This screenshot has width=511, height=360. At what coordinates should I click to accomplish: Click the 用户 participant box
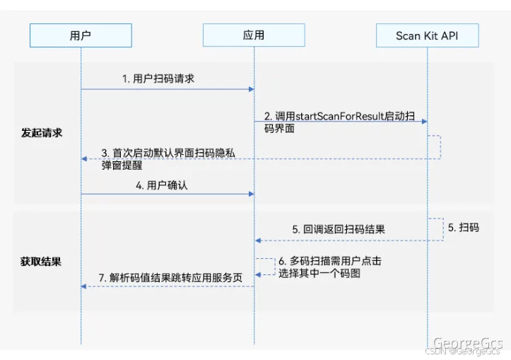[81, 35]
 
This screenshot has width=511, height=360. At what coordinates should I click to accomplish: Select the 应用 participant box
[254, 35]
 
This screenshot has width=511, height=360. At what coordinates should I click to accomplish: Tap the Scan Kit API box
[427, 35]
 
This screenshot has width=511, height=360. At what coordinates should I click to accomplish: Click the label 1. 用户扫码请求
[158, 79]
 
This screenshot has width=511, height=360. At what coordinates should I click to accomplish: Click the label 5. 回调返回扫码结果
[339, 230]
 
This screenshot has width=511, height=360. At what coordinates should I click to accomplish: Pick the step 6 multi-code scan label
[325, 267]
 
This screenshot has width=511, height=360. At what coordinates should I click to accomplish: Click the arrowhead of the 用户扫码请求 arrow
[251, 89]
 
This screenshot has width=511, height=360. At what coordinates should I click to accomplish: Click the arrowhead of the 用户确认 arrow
[251, 193]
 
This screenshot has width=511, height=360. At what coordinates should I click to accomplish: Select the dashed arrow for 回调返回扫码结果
[339, 240]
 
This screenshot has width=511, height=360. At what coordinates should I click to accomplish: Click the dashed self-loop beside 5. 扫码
[440, 228]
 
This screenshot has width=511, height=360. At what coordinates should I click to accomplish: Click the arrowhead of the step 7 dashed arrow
[84, 286]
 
